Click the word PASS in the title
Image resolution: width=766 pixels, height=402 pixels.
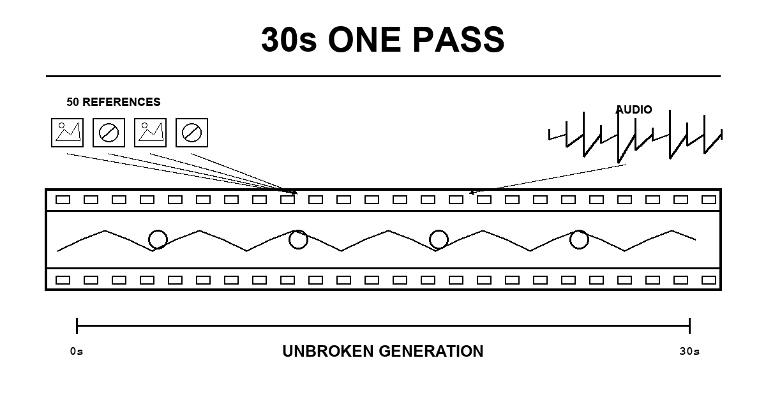tap(458, 40)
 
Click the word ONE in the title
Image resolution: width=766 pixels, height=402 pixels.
tap(364, 40)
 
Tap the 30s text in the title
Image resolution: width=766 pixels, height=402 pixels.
tap(289, 40)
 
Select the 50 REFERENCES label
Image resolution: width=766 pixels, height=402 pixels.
tap(114, 102)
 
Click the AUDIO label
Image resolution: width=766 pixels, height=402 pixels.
tap(634, 110)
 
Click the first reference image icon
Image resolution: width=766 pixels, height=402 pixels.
tap(68, 133)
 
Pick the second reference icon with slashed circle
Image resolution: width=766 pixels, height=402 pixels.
tap(109, 133)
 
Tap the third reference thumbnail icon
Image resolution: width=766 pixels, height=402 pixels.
tap(151, 133)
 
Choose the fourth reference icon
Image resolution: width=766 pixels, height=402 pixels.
tap(192, 133)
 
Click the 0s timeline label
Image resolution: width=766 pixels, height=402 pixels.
tap(77, 352)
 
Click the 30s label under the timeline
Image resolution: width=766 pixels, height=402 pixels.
tap(690, 352)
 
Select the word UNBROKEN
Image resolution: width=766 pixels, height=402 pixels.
tap(328, 352)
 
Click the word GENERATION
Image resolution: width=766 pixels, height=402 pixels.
tap(432, 352)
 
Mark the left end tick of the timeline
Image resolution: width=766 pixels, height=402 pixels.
tap(77, 326)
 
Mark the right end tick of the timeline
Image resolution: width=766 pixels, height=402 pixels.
tap(690, 326)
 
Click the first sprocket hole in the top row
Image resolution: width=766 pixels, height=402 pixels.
tap(63, 200)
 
